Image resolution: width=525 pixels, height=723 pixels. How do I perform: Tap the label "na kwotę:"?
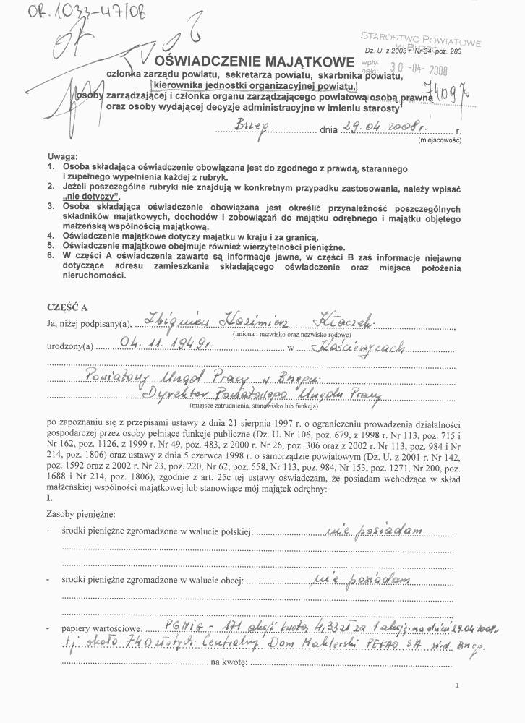(x=229, y=662)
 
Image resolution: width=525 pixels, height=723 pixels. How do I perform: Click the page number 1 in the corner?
(x=457, y=684)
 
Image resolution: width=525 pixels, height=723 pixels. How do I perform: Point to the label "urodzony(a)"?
(x=69, y=347)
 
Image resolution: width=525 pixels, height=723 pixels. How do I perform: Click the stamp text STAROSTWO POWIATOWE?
(x=421, y=37)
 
